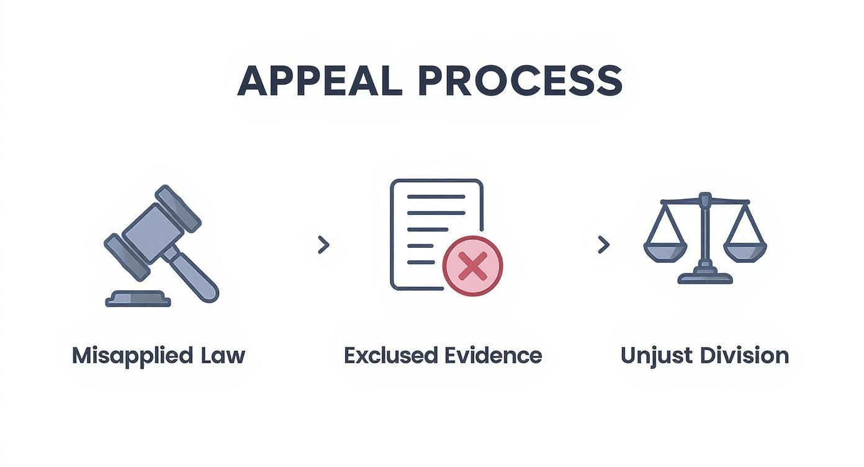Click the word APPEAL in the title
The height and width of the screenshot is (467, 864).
point(320,81)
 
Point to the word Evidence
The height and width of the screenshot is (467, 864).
point(493,356)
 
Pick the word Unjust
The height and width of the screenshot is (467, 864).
point(654,356)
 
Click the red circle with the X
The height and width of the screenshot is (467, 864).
point(473,266)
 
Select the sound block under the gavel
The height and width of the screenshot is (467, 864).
point(138,299)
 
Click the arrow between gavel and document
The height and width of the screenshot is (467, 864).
point(323,245)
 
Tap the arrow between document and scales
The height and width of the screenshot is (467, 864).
point(603,245)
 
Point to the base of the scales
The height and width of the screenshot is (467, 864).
point(705,278)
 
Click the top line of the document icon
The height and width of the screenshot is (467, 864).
point(436,196)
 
